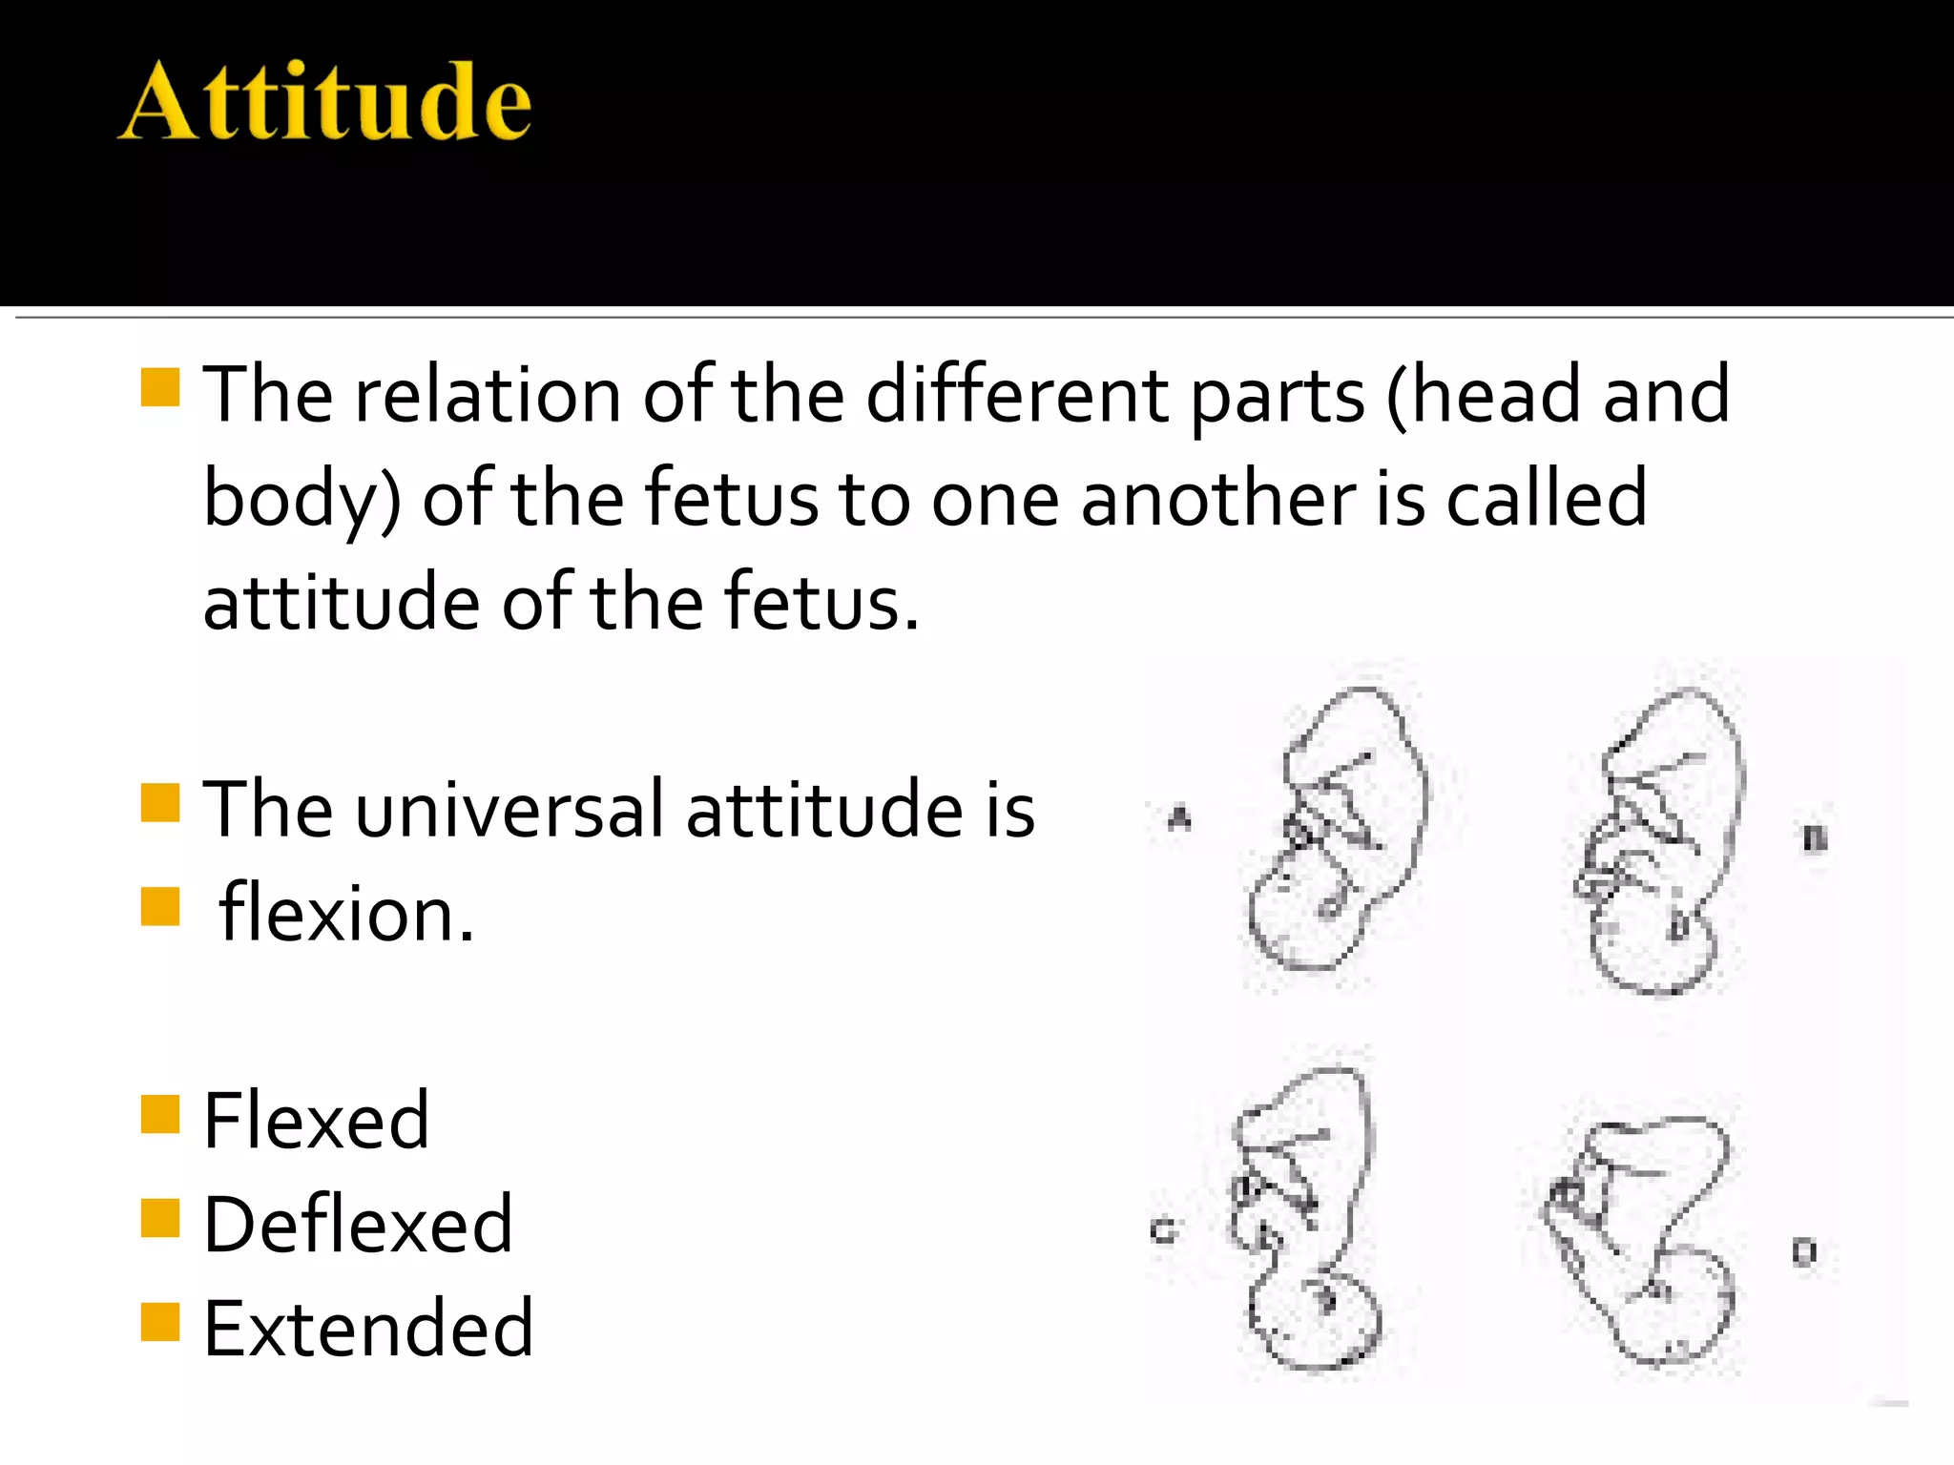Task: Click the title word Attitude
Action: tap(324, 102)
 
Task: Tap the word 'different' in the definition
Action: tap(1017, 395)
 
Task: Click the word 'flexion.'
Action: tap(345, 914)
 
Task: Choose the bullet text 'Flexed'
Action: tap(317, 1121)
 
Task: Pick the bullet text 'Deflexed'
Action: tap(359, 1225)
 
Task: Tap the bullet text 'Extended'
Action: tap(368, 1329)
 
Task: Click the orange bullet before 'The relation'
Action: tap(160, 387)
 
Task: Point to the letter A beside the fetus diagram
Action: tap(1180, 818)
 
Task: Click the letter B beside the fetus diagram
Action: tap(1815, 838)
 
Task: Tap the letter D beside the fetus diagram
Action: tap(1803, 1251)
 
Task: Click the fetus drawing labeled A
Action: tap(1336, 830)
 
